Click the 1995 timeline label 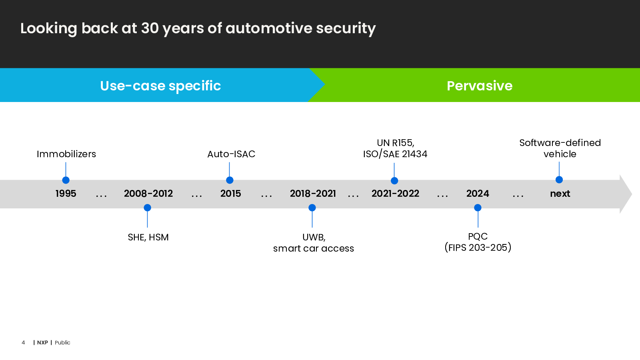click(x=66, y=194)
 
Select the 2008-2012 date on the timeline click(x=148, y=194)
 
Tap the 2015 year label click(x=230, y=194)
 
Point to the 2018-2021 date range click(x=313, y=194)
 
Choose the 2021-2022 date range click(x=395, y=194)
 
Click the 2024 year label click(x=478, y=194)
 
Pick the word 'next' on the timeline click(x=560, y=194)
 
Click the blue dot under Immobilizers click(x=66, y=180)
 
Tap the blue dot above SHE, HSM click(x=148, y=208)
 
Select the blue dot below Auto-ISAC click(x=230, y=180)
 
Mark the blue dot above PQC click(x=478, y=208)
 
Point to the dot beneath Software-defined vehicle click(x=559, y=180)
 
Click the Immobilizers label click(x=66, y=154)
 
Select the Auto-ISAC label click(x=231, y=154)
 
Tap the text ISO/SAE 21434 click(x=395, y=154)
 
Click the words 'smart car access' click(x=314, y=248)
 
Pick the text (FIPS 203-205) click(x=478, y=248)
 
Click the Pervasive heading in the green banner click(x=480, y=86)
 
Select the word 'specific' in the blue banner click(x=195, y=86)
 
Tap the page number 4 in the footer click(x=23, y=342)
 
